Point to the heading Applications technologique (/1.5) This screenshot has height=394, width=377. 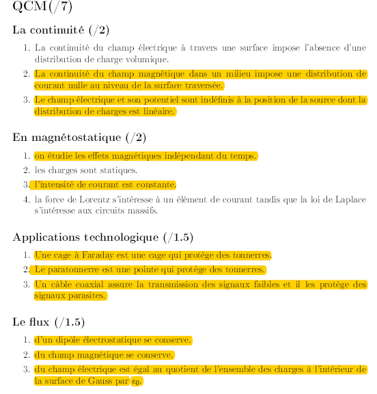point(103,237)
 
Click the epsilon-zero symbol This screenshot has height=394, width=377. point(137,382)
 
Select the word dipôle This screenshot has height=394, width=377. point(75,340)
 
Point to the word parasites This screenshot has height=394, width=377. point(87,296)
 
